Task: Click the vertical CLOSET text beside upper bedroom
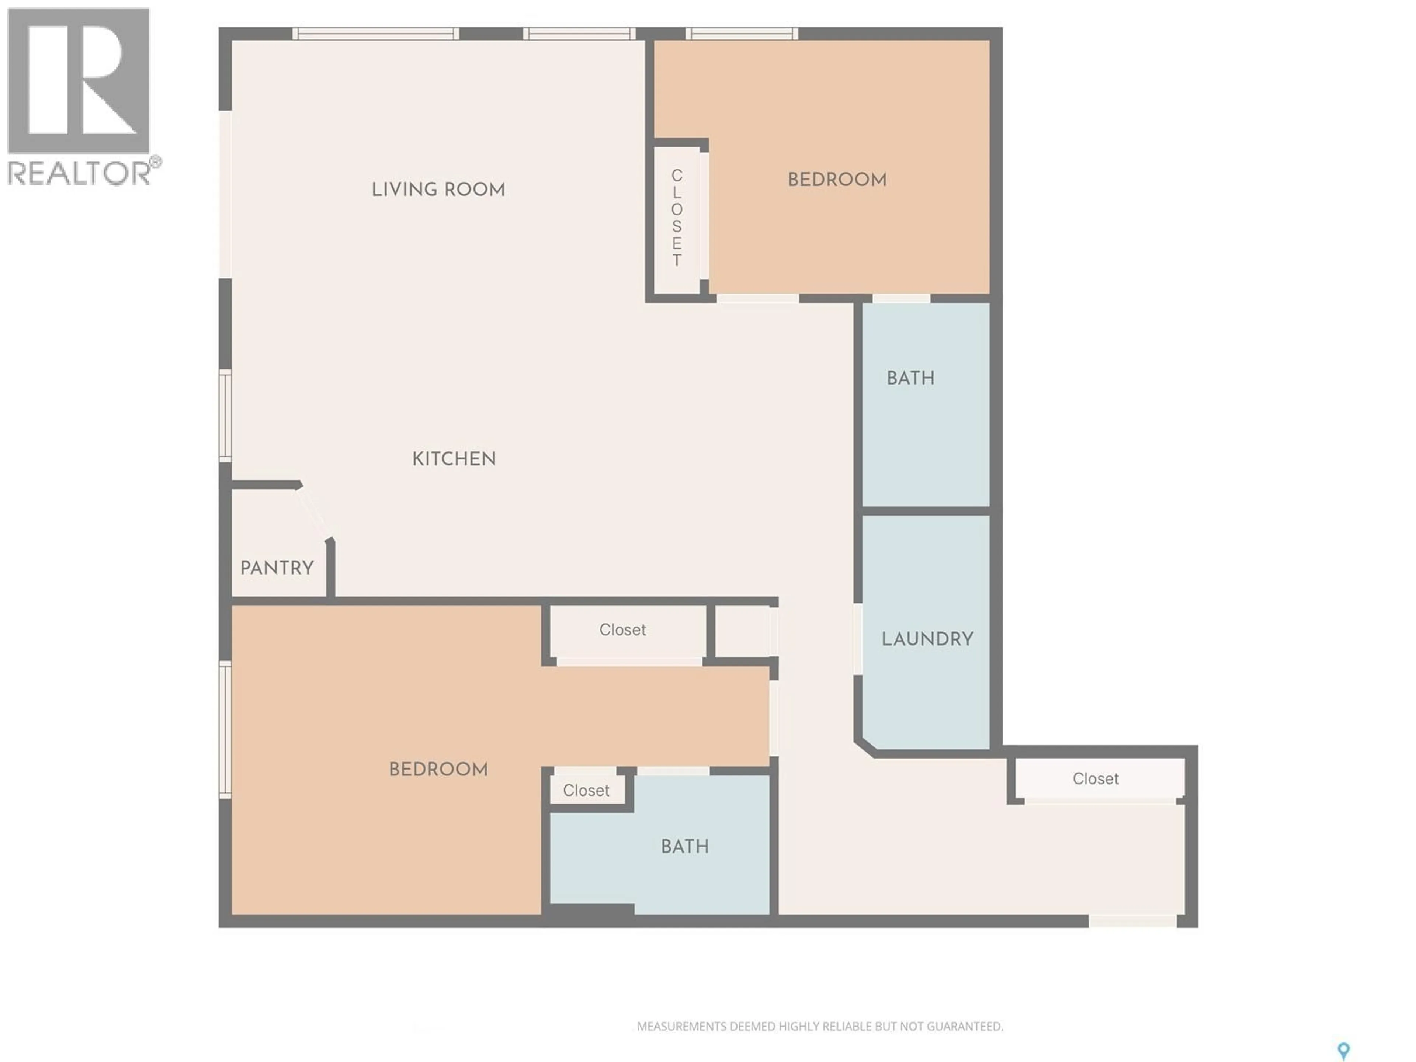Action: coord(677,218)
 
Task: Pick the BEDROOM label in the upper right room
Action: coord(837,180)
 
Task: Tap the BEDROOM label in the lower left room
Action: coord(438,769)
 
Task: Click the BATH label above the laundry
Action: coord(910,378)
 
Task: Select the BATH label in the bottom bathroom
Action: coord(684,846)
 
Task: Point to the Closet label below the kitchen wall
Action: coord(622,630)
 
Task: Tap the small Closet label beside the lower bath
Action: coord(586,791)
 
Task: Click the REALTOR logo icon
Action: coord(78,81)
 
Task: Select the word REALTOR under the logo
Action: coord(79,173)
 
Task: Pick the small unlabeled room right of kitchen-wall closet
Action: coord(743,631)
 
